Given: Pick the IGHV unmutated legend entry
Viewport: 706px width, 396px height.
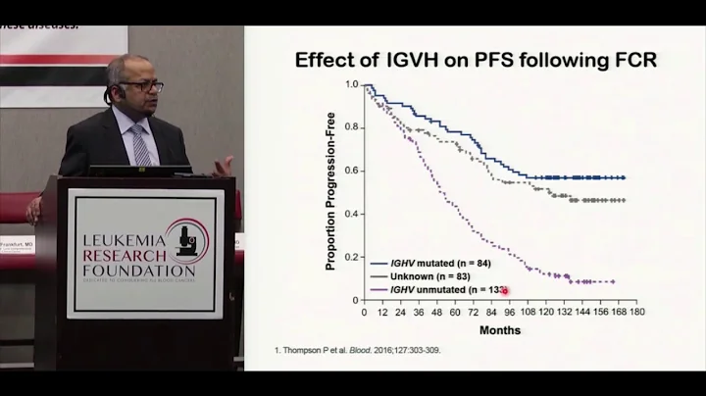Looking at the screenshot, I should (x=431, y=291).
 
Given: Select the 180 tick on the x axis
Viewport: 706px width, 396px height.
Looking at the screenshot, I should (x=636, y=313).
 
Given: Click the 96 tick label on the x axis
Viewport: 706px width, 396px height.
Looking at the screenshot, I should (x=510, y=313).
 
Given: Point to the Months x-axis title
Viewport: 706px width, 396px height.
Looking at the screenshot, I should (x=501, y=330).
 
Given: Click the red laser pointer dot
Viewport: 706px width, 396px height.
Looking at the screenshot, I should (x=506, y=292).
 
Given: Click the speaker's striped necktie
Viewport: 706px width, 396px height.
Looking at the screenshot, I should (x=142, y=142).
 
